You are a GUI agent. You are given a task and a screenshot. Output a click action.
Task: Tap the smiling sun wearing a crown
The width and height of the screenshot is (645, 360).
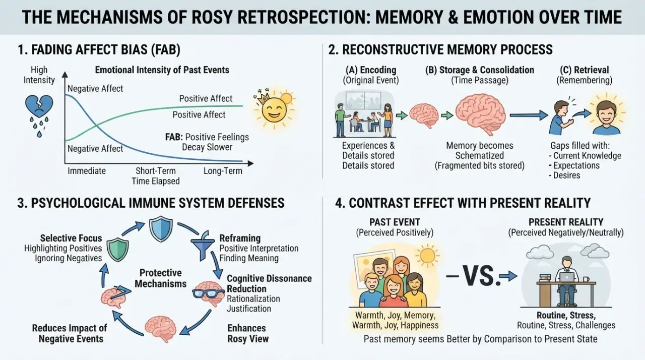(x=274, y=108)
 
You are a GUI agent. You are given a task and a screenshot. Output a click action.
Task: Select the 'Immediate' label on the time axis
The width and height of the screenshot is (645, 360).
(x=87, y=171)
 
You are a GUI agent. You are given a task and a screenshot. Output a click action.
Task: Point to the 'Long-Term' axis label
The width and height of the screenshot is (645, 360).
(x=223, y=171)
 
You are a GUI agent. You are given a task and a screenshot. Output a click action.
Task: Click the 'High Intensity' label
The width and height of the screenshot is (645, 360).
(x=39, y=75)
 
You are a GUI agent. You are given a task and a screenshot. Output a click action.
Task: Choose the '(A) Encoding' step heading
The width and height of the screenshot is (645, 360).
(x=371, y=70)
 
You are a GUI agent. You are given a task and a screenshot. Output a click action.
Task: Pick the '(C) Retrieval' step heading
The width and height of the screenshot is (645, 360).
(x=584, y=70)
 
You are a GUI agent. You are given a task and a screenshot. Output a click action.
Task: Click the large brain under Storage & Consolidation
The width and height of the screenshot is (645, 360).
(x=480, y=114)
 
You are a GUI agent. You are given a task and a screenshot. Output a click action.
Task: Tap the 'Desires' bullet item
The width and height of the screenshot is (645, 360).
(x=564, y=175)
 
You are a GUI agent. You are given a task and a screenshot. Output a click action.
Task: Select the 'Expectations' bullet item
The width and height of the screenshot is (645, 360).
(x=574, y=165)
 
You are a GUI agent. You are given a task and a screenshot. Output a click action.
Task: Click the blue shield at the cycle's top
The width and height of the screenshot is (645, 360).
(x=161, y=229)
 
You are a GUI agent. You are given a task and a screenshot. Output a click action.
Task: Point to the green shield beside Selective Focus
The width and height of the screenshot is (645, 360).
(x=118, y=250)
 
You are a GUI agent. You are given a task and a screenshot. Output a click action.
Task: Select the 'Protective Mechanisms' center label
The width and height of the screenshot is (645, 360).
(x=161, y=278)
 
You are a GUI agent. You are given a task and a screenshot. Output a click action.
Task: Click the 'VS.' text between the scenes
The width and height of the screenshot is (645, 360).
(x=481, y=276)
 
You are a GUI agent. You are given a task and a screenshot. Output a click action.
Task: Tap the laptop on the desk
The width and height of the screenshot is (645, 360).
(x=566, y=277)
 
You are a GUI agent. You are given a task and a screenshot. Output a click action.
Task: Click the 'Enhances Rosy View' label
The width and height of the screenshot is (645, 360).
(x=248, y=333)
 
